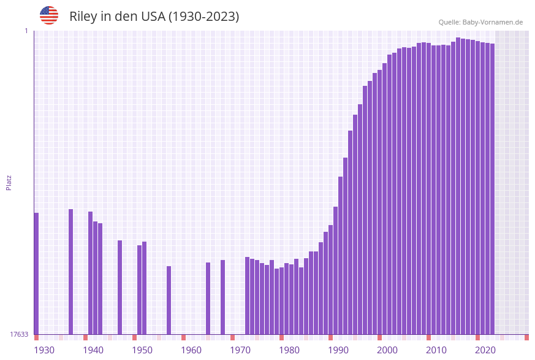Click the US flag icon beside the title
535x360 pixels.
click(x=49, y=15)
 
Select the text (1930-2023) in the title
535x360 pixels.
click(x=203, y=17)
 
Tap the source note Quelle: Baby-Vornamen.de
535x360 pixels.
click(x=480, y=22)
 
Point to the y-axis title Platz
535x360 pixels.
click(x=9, y=183)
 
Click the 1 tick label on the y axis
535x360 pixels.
click(x=26, y=31)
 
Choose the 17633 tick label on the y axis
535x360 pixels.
click(x=19, y=334)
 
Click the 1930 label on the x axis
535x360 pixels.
click(x=44, y=350)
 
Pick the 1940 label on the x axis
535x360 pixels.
click(x=93, y=350)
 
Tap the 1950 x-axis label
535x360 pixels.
click(x=142, y=350)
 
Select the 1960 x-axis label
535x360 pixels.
click(x=191, y=350)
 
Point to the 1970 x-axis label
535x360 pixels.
click(x=240, y=350)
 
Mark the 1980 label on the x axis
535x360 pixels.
click(x=289, y=350)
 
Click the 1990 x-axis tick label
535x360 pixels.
click(x=338, y=350)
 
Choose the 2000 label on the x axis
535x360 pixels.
click(x=387, y=350)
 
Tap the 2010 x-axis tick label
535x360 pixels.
click(x=436, y=350)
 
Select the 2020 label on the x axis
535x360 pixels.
click(x=485, y=350)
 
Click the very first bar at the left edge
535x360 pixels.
click(x=36, y=273)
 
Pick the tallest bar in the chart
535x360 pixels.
click(x=458, y=184)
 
